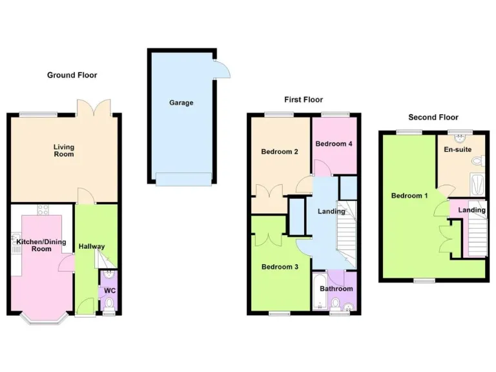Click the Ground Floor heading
pos(72,76)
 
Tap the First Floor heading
pos(304,99)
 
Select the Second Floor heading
pos(433,118)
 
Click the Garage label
pos(181,103)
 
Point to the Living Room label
pos(63,150)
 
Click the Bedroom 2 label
pos(279,152)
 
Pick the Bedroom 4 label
pos(333,144)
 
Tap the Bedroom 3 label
pos(279,267)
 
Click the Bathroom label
pos(336,289)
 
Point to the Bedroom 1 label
pos(409,195)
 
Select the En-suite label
pos(457,148)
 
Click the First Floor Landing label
pos(331,211)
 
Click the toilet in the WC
pos(108,302)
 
